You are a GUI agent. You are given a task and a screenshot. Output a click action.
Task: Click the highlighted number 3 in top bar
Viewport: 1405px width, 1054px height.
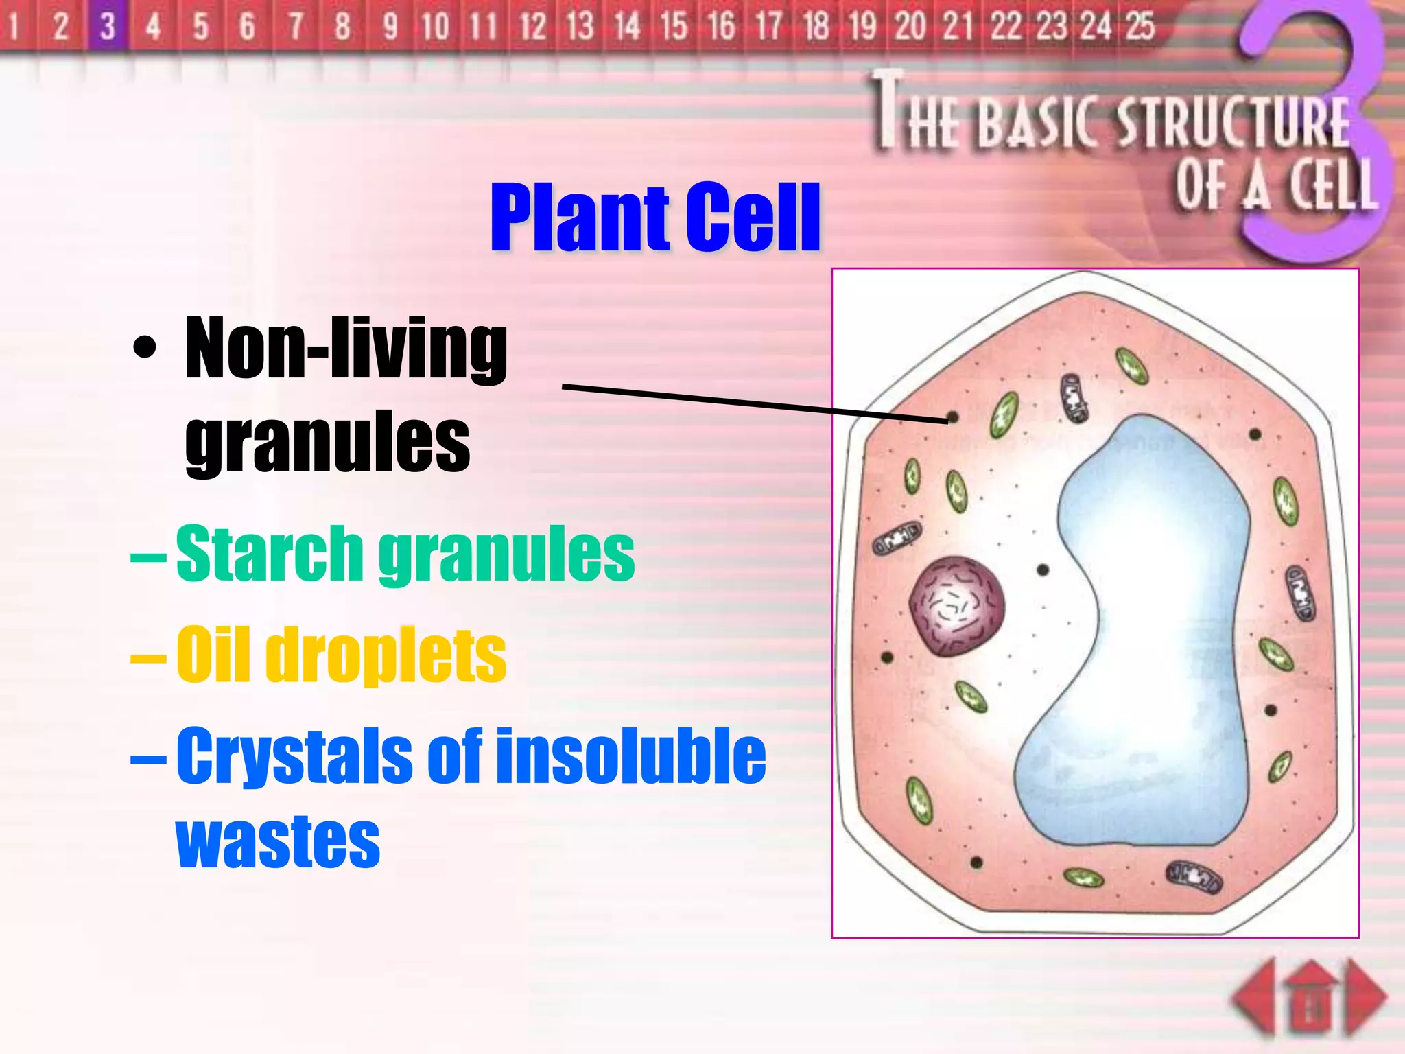click(x=108, y=26)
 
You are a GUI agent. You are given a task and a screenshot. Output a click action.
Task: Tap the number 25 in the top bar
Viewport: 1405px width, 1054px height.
click(x=1140, y=26)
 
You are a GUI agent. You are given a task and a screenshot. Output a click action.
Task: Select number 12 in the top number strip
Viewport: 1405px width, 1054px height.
click(x=532, y=26)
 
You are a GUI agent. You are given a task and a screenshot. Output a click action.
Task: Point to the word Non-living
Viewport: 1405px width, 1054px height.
click(x=346, y=348)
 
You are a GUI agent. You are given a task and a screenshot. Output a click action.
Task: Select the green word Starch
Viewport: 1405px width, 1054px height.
click(x=269, y=552)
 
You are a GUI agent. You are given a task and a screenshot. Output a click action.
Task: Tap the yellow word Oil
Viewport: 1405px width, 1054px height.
click(x=213, y=655)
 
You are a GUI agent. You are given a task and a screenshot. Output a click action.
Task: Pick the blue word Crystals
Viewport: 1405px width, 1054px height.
click(x=294, y=756)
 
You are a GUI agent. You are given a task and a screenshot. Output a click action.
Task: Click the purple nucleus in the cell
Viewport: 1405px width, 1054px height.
click(x=956, y=606)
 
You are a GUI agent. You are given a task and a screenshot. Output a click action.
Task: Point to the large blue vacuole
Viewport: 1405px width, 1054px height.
click(x=1153, y=618)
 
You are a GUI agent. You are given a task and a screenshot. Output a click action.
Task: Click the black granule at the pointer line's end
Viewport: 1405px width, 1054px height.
click(x=952, y=417)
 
